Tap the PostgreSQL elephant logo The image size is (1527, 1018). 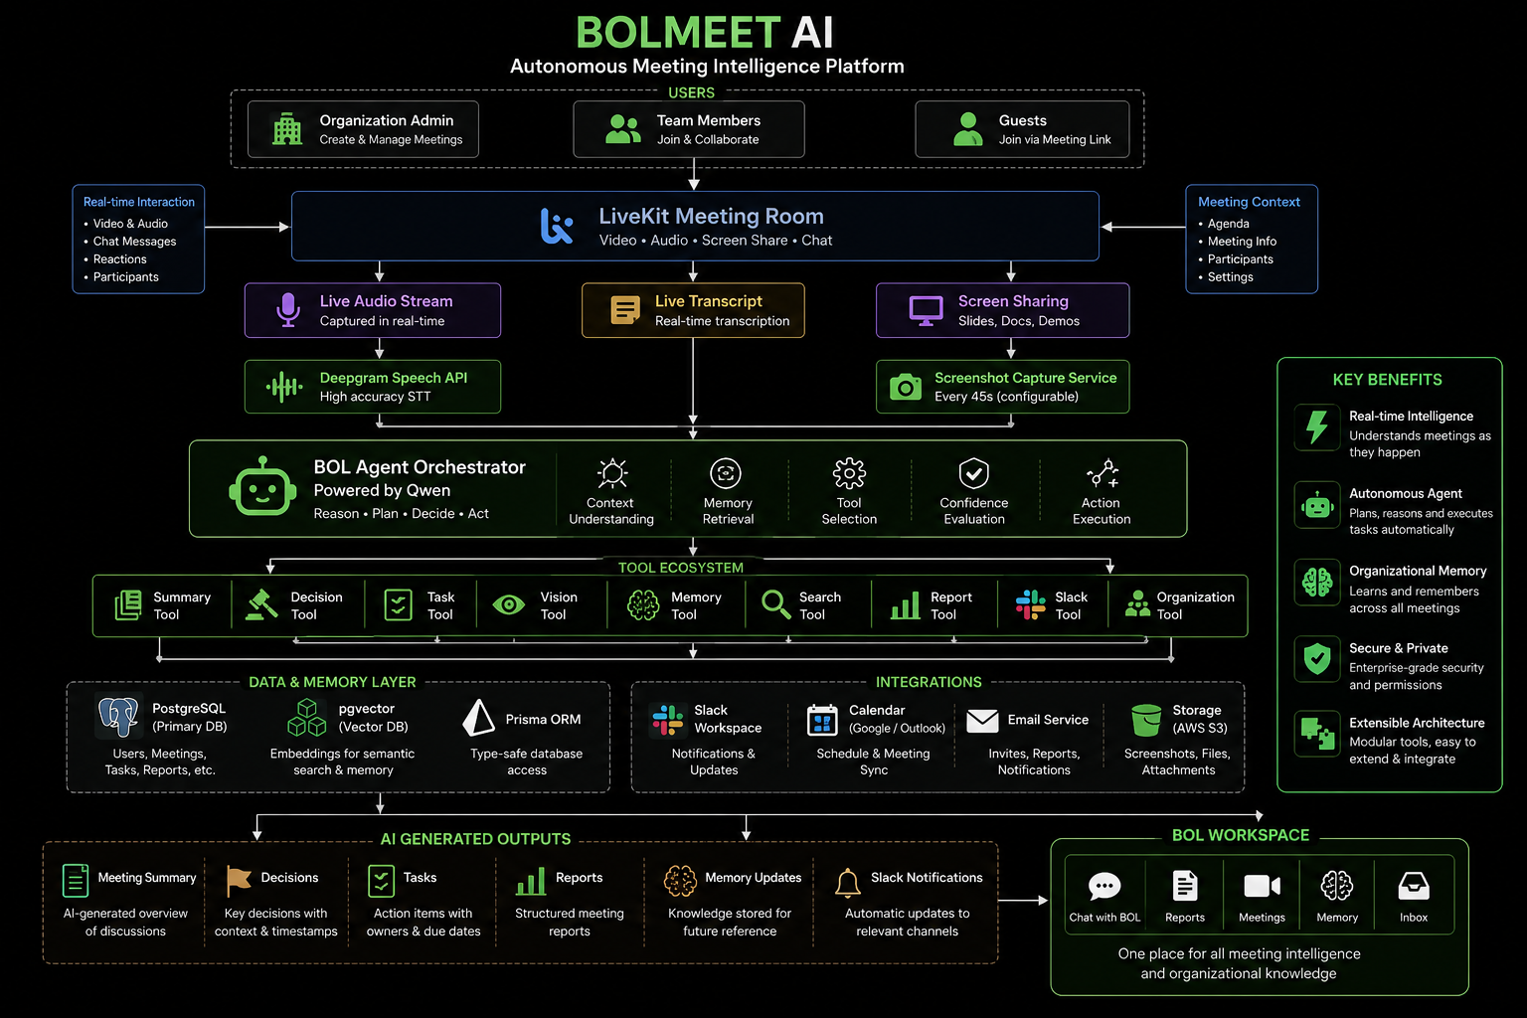pyautogui.click(x=118, y=716)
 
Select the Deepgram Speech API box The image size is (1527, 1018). pyautogui.click(x=372, y=387)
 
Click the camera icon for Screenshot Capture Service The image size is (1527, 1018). pyautogui.click(x=906, y=387)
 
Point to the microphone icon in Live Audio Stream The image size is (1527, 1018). pyautogui.click(x=288, y=309)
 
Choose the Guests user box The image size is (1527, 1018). pyautogui.click(x=1022, y=129)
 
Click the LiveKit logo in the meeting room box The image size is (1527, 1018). pyautogui.click(x=557, y=226)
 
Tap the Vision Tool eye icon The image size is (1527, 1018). pyautogui.click(x=509, y=604)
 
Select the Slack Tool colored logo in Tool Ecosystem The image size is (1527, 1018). pyautogui.click(x=1031, y=604)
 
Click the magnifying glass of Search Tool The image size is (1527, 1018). pyautogui.click(x=775, y=604)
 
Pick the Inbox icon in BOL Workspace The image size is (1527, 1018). pyautogui.click(x=1413, y=886)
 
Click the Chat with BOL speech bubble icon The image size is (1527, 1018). pyautogui.click(x=1104, y=886)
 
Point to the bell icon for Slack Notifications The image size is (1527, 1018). pyautogui.click(x=847, y=883)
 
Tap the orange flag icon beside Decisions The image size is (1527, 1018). pyautogui.click(x=238, y=880)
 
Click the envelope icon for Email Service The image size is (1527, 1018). pyautogui.click(x=982, y=721)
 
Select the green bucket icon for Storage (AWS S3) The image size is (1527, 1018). pyautogui.click(x=1146, y=721)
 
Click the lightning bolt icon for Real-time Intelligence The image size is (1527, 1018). pyautogui.click(x=1317, y=426)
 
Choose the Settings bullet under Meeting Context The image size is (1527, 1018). pyautogui.click(x=1226, y=276)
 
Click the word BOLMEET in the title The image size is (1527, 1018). pyautogui.click(x=678, y=32)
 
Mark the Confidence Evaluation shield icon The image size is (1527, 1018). pyautogui.click(x=973, y=472)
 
